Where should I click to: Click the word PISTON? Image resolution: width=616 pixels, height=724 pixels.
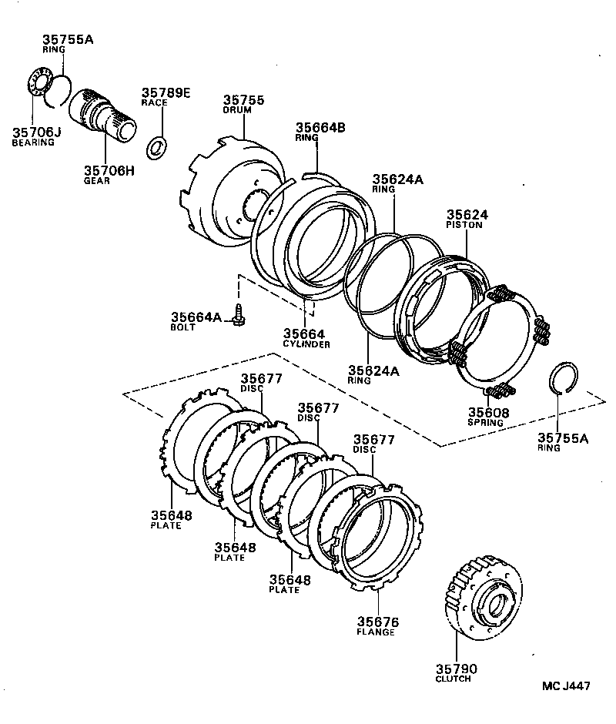point(464,226)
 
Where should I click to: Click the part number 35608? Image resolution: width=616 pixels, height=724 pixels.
point(488,413)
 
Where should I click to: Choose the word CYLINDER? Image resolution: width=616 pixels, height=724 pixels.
point(306,344)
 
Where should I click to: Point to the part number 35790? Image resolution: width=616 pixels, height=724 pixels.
point(456,669)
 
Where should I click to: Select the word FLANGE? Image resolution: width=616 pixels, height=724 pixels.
point(376,632)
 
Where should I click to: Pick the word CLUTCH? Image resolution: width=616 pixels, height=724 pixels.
point(454,679)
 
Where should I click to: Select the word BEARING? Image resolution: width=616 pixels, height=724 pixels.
point(33,142)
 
